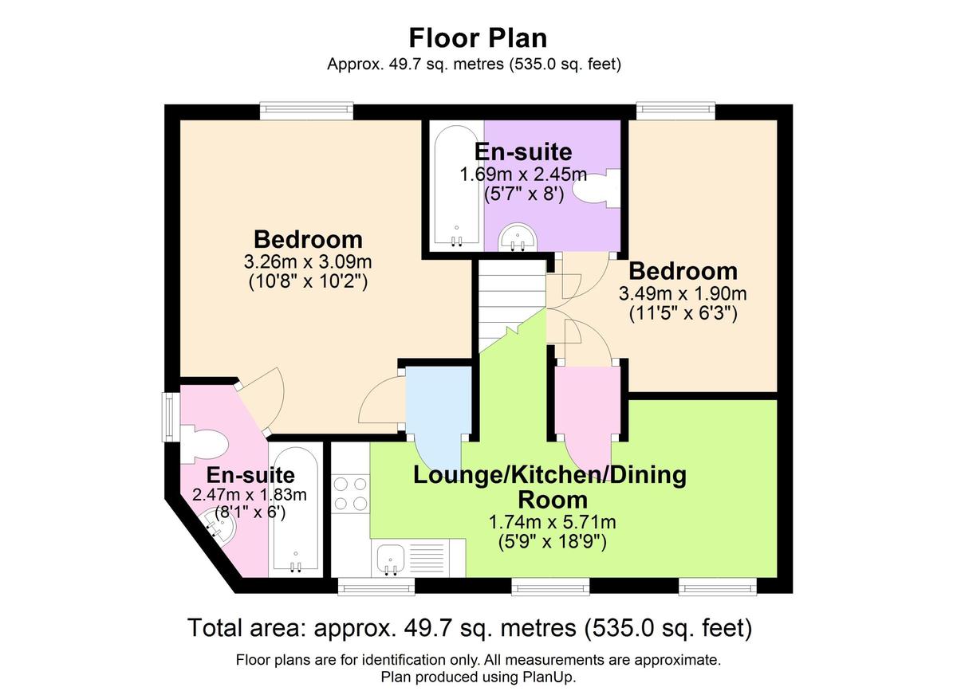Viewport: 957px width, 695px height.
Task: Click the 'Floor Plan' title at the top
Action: (478, 37)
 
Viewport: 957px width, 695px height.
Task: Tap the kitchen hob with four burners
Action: (350, 493)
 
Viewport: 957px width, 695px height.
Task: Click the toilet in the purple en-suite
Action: (594, 189)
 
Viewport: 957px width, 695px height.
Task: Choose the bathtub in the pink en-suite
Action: (295, 510)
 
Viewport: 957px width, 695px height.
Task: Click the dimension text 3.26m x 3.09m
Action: (308, 261)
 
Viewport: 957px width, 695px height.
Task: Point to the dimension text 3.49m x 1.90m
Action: (682, 293)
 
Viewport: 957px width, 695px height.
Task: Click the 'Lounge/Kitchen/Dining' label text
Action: (549, 476)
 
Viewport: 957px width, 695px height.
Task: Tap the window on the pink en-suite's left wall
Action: (169, 415)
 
